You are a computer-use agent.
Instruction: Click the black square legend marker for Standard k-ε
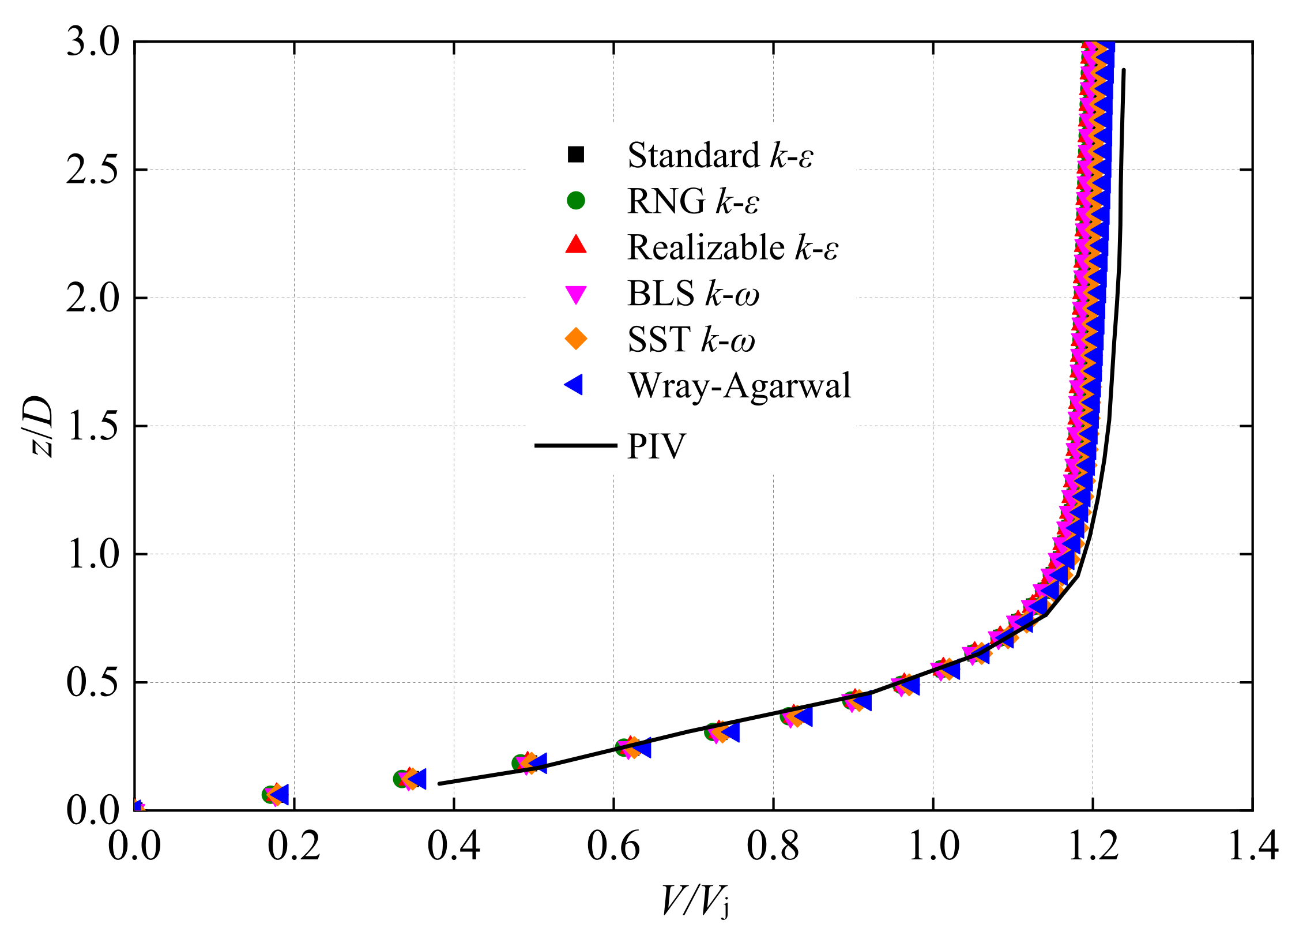(575, 155)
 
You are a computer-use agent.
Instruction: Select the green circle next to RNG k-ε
(575, 201)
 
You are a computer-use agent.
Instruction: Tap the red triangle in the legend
(575, 246)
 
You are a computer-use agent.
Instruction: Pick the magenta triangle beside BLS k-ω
(575, 294)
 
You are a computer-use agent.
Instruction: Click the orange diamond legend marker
(575, 339)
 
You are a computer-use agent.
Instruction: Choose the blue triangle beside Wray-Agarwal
(574, 385)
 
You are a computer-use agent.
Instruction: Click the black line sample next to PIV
(575, 445)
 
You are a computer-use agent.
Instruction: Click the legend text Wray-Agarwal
(739, 385)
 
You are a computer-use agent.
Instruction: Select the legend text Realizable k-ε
(732, 247)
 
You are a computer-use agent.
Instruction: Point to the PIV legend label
(657, 446)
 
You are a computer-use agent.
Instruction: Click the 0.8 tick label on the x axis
(773, 847)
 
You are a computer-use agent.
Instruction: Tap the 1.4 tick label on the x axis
(1252, 847)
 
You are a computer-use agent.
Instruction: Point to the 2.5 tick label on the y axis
(92, 170)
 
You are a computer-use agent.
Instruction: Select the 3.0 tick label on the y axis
(92, 42)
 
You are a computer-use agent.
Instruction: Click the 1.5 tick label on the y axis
(92, 426)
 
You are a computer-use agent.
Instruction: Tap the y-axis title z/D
(42, 426)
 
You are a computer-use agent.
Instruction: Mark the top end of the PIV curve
(1124, 70)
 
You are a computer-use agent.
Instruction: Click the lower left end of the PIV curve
(440, 783)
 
